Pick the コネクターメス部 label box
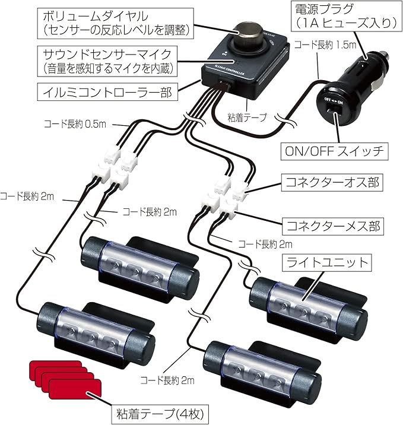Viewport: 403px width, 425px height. pyautogui.click(x=332, y=226)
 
